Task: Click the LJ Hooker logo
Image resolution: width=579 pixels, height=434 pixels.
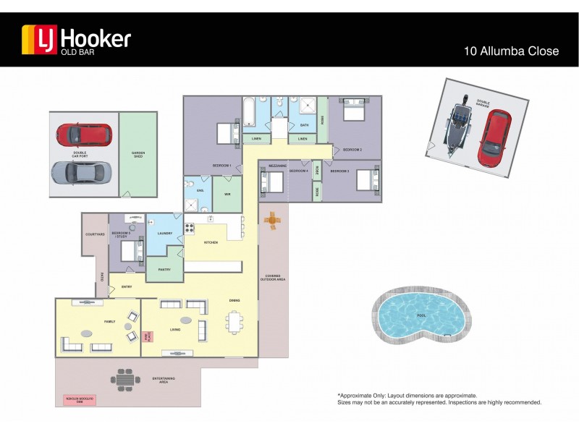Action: tap(76, 39)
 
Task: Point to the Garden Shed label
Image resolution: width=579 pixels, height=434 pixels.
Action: tap(138, 154)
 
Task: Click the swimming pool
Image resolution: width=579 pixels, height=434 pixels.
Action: tap(421, 316)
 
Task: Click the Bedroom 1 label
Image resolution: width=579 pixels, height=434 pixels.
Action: tap(221, 166)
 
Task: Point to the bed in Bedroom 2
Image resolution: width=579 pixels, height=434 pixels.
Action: tap(354, 113)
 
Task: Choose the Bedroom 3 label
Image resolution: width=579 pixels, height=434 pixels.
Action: tap(339, 171)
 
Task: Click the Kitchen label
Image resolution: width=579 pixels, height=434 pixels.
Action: tap(211, 242)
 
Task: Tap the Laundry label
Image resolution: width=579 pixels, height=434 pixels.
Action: tap(164, 234)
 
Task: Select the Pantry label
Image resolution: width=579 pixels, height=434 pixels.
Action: tap(164, 269)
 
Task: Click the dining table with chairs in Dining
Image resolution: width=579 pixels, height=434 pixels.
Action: tap(234, 322)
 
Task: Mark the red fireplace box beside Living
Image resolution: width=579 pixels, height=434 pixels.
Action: tap(148, 337)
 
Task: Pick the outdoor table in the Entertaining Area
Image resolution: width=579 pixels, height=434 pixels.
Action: tap(125, 379)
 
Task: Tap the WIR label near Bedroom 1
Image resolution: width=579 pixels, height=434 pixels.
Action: tap(227, 195)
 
